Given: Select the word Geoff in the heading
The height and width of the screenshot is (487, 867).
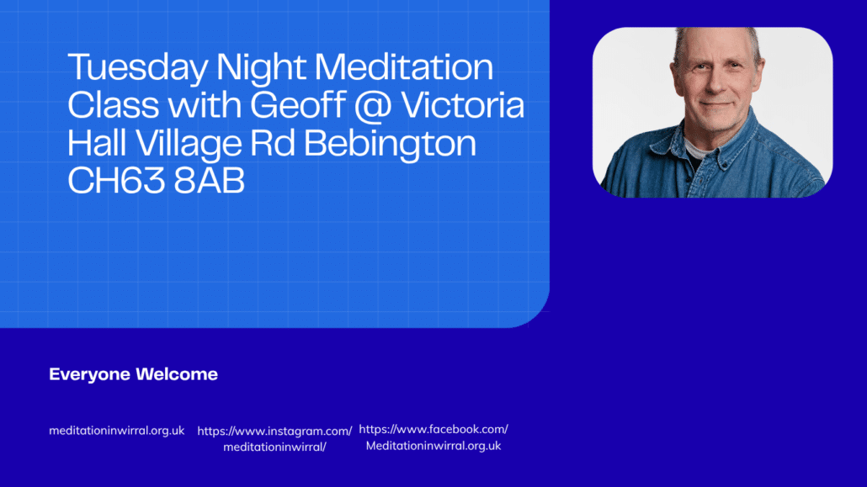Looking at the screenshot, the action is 298,104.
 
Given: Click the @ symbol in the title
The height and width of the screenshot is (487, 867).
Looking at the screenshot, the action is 373,106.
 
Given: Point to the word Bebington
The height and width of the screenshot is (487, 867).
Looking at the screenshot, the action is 390,144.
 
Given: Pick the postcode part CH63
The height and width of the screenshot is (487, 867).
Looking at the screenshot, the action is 116,181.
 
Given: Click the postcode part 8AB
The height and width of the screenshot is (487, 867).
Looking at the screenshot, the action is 209,181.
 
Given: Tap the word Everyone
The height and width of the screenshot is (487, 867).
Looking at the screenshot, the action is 89,375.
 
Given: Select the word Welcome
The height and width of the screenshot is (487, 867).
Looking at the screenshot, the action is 177,374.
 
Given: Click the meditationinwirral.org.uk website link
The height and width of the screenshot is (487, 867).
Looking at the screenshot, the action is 117,431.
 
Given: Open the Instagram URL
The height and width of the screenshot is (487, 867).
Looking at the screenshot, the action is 274,439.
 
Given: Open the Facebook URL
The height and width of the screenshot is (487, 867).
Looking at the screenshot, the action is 433,437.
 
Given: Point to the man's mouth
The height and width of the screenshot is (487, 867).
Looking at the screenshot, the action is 717,104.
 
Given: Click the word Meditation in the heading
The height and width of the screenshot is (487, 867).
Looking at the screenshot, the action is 404,67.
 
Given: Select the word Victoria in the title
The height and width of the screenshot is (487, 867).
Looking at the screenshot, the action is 462,104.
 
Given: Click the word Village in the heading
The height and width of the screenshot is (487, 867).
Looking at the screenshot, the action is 189,144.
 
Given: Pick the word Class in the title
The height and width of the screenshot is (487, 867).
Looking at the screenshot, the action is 114,104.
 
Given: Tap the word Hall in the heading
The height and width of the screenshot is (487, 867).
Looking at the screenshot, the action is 98,143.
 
